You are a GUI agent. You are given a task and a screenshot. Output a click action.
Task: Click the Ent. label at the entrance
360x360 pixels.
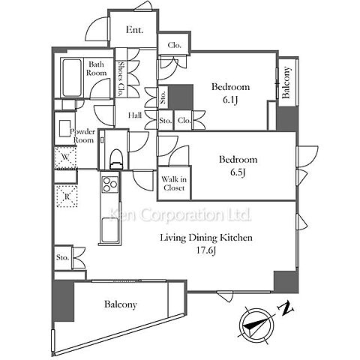pos(134,30)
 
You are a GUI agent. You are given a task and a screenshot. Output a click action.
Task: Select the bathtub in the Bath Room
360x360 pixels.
pos(72,78)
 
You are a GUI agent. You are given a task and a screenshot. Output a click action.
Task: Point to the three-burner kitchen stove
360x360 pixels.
pos(110,184)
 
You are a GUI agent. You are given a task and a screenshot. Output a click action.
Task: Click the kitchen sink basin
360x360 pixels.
pos(110,230)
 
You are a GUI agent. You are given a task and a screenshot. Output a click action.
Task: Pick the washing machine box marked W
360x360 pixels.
pos(65,157)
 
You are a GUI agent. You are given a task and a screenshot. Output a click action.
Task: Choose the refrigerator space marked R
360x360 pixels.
pos(67,196)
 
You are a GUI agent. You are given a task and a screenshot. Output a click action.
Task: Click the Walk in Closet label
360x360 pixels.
pos(174,184)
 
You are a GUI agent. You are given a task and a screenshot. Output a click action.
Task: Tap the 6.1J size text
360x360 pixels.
pos(230,100)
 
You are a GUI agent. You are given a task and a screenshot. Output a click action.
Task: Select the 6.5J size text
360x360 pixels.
pos(238,172)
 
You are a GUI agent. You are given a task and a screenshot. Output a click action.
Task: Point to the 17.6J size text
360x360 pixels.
pos(205,250)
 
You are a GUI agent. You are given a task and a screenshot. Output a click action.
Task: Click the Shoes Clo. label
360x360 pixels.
pos(121,79)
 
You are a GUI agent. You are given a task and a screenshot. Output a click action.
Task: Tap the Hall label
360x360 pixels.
pos(135,115)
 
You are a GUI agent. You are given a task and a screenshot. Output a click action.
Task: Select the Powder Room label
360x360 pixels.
pos(82,136)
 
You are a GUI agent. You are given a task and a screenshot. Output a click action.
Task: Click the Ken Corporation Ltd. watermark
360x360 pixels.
pos(180,214)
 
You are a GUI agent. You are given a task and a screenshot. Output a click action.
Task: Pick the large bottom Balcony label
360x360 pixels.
pos(121,304)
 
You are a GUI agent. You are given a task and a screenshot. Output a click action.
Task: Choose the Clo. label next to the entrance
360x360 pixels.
pos(174,45)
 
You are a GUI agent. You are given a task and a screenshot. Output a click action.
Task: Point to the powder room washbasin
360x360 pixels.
pos(64,128)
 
